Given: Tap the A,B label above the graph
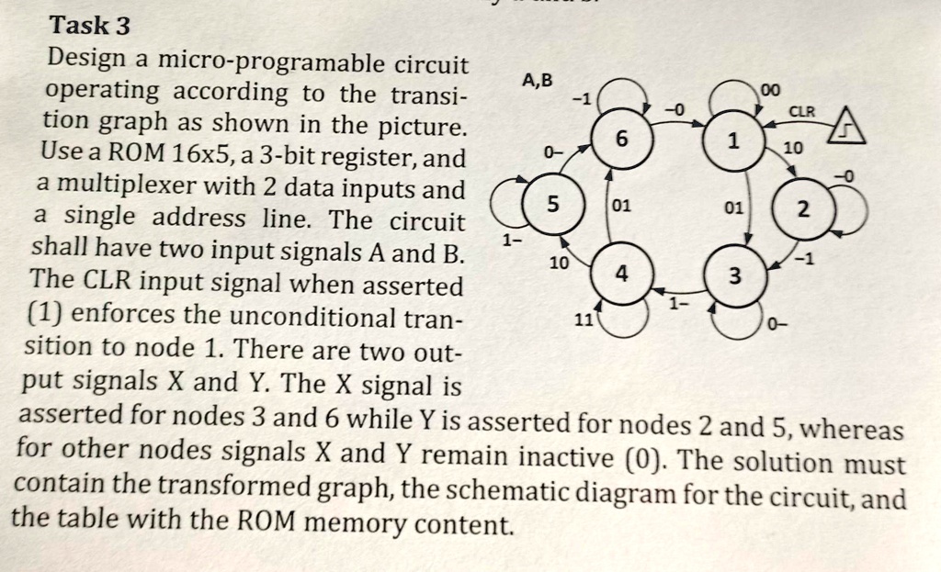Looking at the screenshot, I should (x=538, y=80).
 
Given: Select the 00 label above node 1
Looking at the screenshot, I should (x=769, y=88).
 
